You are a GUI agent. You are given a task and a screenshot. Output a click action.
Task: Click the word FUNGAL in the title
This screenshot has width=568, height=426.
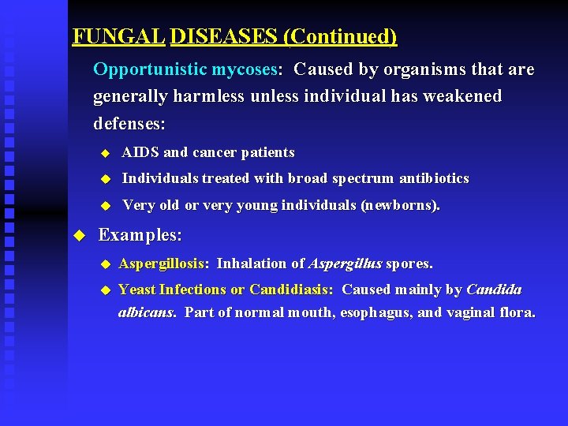pos(118,36)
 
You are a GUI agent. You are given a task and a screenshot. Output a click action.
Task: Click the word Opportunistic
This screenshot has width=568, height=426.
pos(149,69)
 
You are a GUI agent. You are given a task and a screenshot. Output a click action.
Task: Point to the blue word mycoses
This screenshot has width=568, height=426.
pos(245,69)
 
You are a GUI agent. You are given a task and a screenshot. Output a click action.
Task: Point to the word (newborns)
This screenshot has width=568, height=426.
pos(400,205)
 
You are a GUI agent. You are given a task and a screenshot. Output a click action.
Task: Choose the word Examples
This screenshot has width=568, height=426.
pos(140,235)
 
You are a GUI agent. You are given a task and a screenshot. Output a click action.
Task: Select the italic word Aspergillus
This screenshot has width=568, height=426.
pos(345,263)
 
